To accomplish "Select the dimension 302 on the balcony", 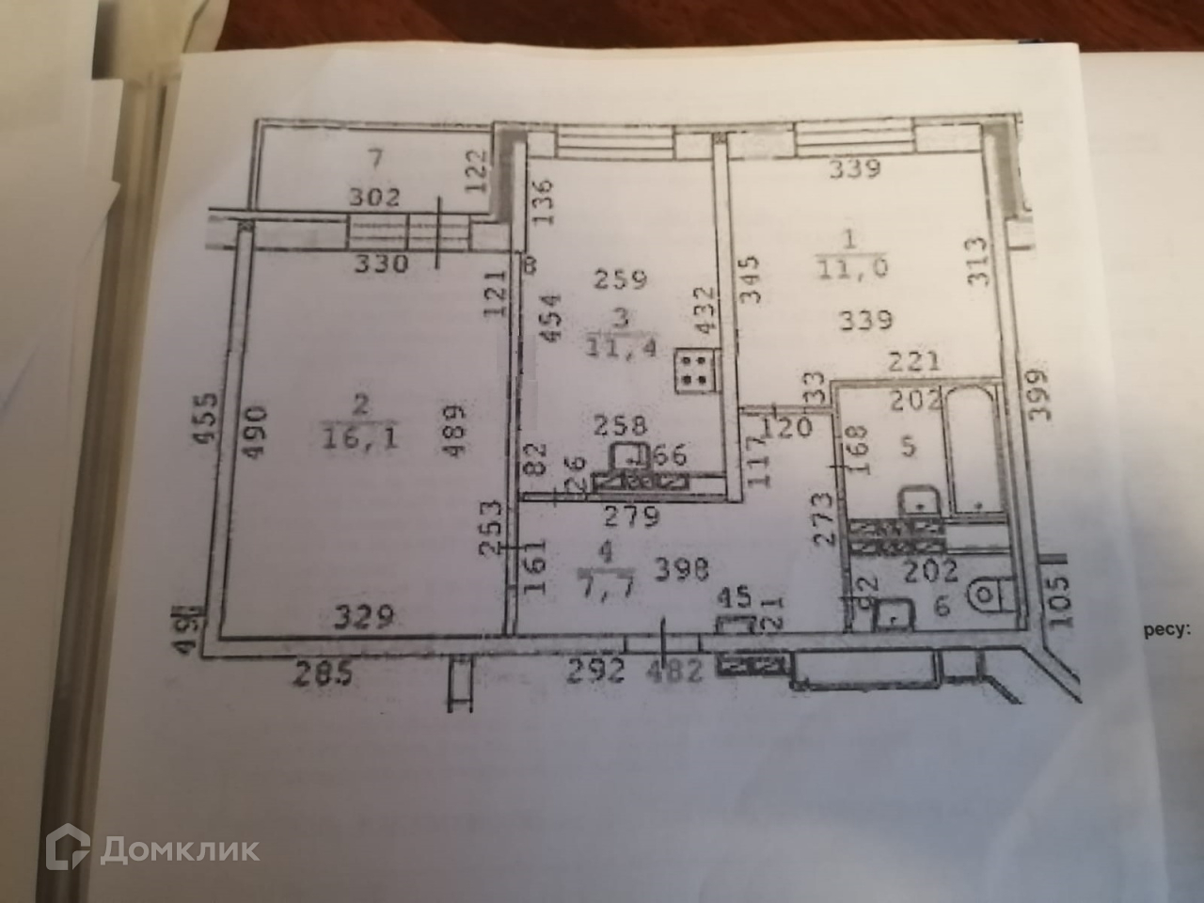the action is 374,198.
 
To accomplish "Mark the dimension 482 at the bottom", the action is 675,672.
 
